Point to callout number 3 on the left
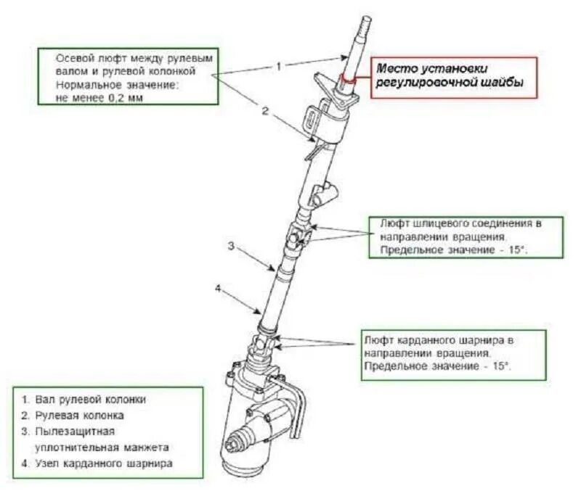tap(230, 246)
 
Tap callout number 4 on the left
tap(217, 287)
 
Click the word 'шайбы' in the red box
tap(503, 84)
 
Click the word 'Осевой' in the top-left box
tap(73, 57)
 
